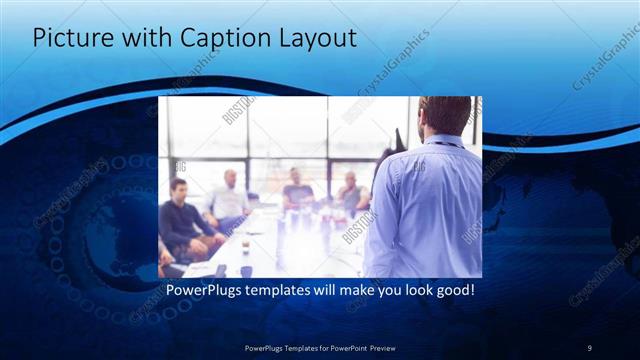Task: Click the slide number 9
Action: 589,347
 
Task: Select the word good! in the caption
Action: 450,291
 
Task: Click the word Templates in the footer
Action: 291,347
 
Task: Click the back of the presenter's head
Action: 444,116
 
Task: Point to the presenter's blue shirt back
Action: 425,210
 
